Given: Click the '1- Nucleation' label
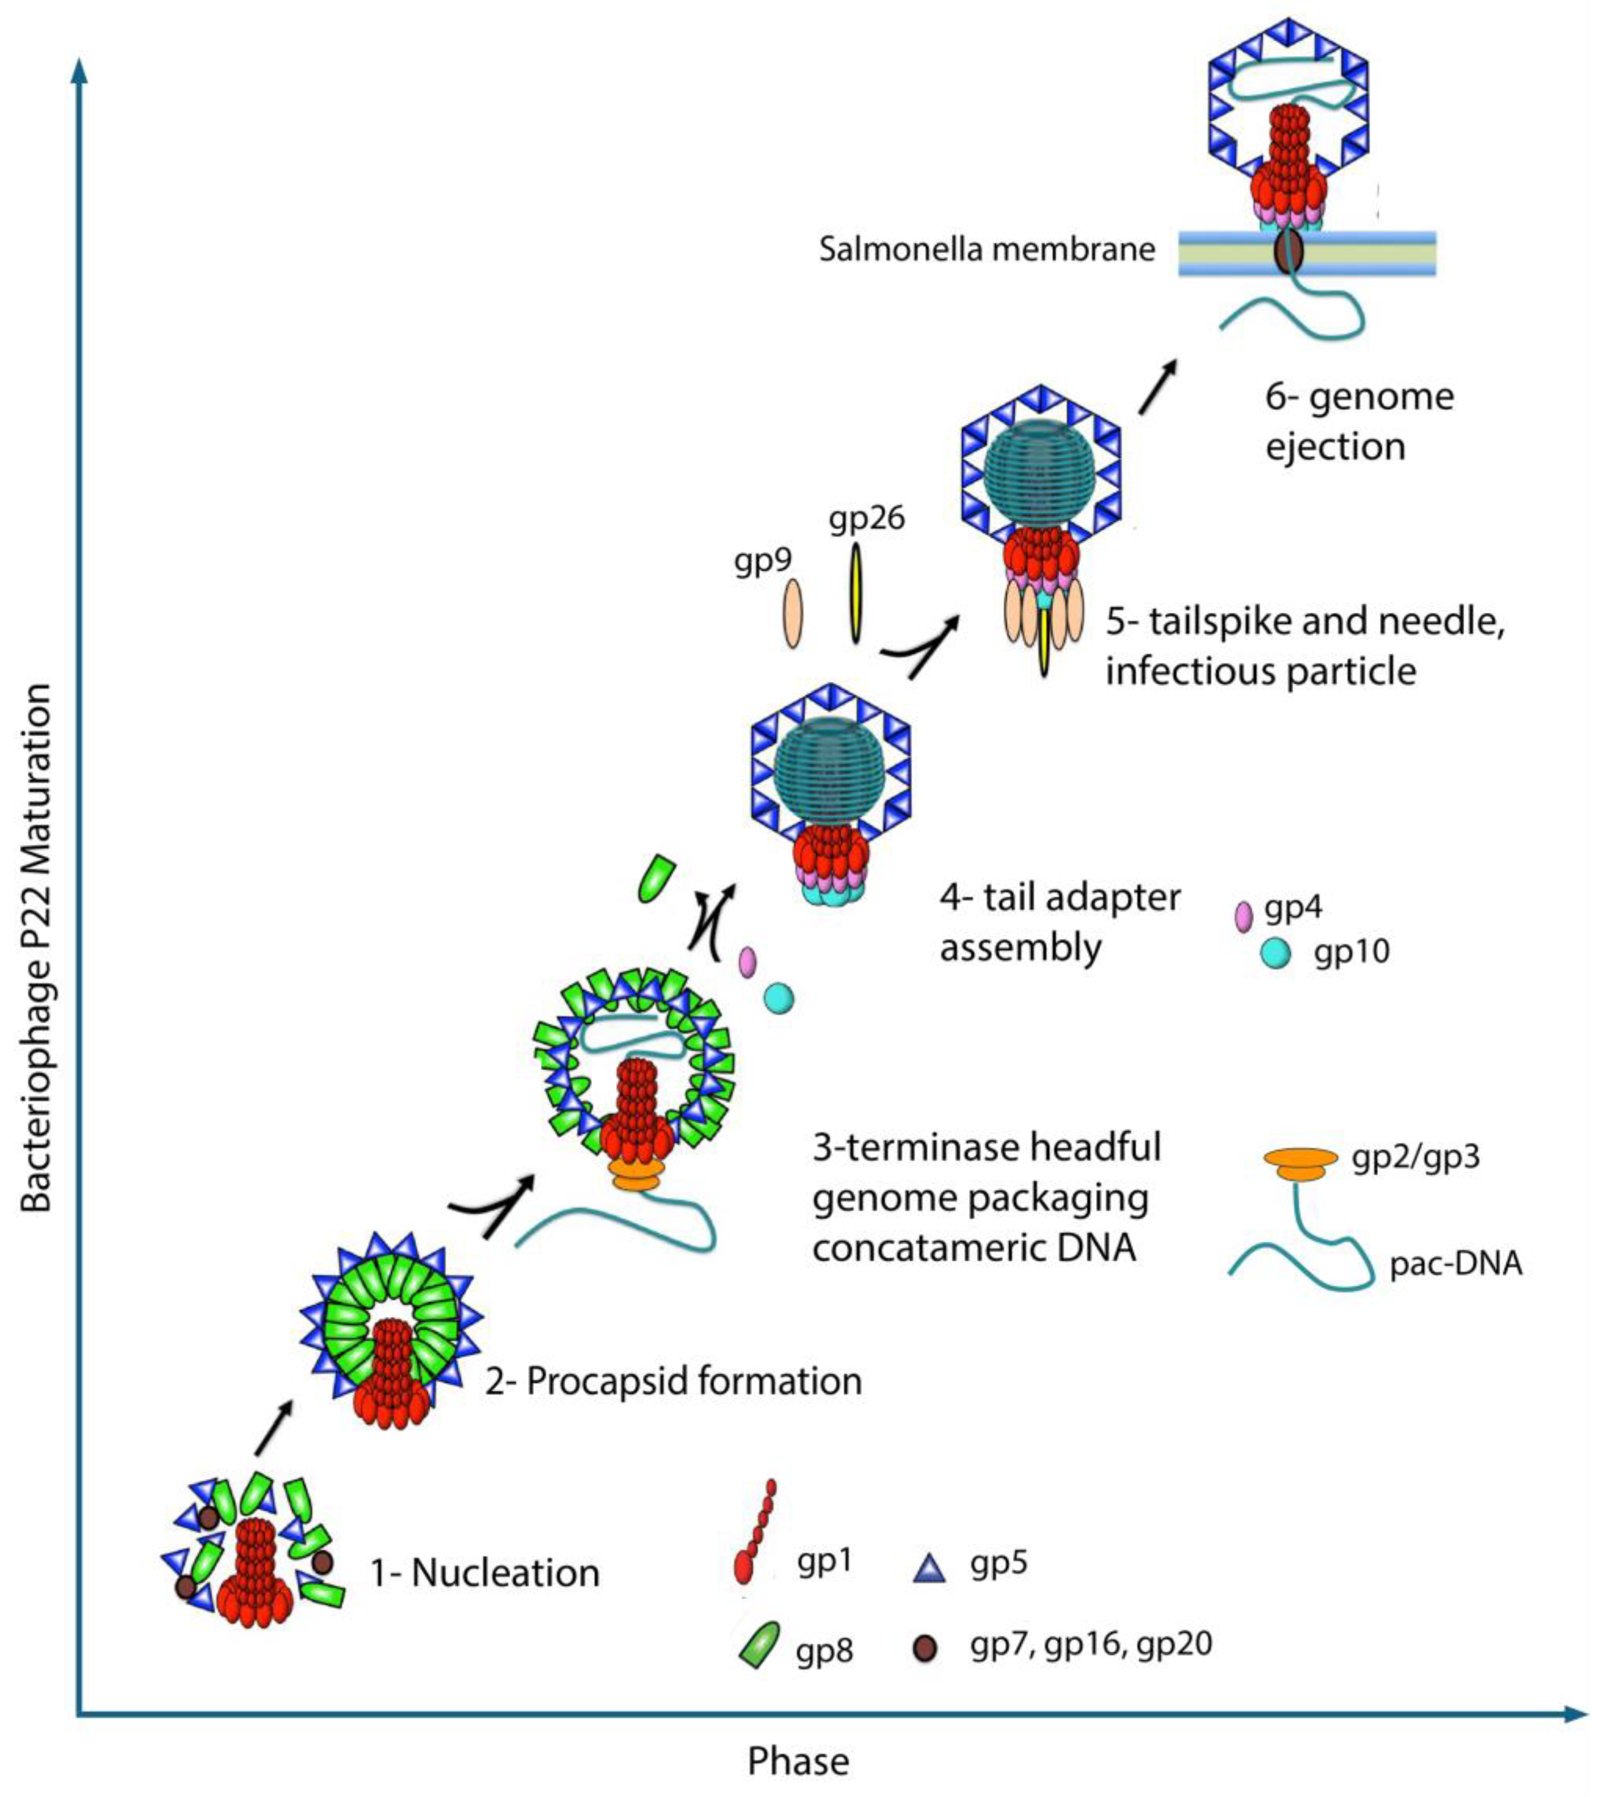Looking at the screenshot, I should coord(484,1573).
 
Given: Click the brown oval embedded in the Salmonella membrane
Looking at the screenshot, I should coord(1289,251).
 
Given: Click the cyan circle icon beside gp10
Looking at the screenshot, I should coord(1275,953).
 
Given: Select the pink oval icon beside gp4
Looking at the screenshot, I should coord(1243,917).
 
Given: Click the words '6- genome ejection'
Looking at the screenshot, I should coord(1359,422).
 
